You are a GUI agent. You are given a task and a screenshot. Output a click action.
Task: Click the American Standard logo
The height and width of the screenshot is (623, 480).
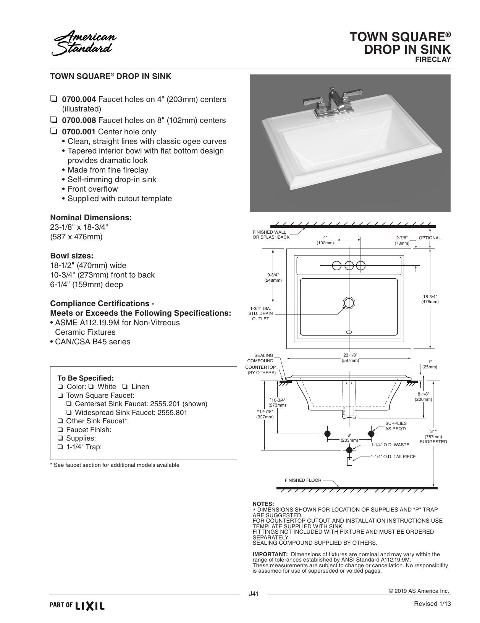pos(84,43)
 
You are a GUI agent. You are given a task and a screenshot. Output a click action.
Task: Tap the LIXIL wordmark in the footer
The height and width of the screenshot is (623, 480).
pos(90,606)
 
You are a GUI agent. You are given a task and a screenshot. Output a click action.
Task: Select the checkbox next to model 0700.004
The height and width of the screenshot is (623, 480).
pos(53,99)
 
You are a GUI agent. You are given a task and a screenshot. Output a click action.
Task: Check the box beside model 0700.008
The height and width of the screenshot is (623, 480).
pos(53,120)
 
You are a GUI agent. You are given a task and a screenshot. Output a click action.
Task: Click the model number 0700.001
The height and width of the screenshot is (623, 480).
pos(79,132)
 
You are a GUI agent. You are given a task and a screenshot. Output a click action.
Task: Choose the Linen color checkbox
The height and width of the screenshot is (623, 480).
pos(125,386)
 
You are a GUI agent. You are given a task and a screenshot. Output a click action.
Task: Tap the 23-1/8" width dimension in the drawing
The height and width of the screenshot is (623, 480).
pos(350,358)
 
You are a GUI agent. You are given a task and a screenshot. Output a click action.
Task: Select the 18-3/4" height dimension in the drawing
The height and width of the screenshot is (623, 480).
pos(430,299)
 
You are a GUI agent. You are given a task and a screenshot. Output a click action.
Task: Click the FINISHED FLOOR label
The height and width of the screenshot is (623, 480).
pos(303,480)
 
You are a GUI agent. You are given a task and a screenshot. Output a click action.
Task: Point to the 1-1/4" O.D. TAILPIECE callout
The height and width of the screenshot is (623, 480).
pos(393,457)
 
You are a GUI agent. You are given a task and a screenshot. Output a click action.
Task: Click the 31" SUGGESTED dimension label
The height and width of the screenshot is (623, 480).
pos(433,436)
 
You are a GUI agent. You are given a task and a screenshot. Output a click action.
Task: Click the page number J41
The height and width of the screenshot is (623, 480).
pos(254,594)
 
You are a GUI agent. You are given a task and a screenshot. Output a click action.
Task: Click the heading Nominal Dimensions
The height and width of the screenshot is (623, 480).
pos(91,218)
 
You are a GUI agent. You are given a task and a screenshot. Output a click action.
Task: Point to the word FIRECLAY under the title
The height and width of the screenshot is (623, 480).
pos(433,60)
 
